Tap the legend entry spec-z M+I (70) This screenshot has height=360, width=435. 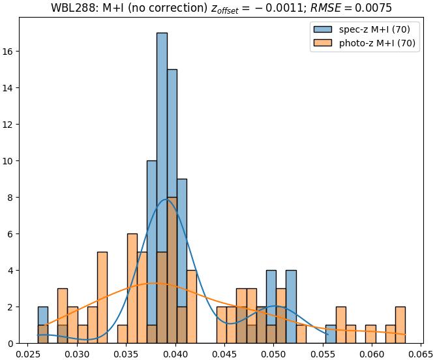coord(374,29)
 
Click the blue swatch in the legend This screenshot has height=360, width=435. coord(322,29)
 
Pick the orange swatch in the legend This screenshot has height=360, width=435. coord(322,43)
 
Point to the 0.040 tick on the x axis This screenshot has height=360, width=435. coord(175,344)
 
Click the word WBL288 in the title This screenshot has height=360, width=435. coord(72,8)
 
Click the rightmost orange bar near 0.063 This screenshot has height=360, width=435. coord(400,325)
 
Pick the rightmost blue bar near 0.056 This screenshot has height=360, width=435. coord(331,334)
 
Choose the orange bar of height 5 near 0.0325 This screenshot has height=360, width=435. coord(102,297)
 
